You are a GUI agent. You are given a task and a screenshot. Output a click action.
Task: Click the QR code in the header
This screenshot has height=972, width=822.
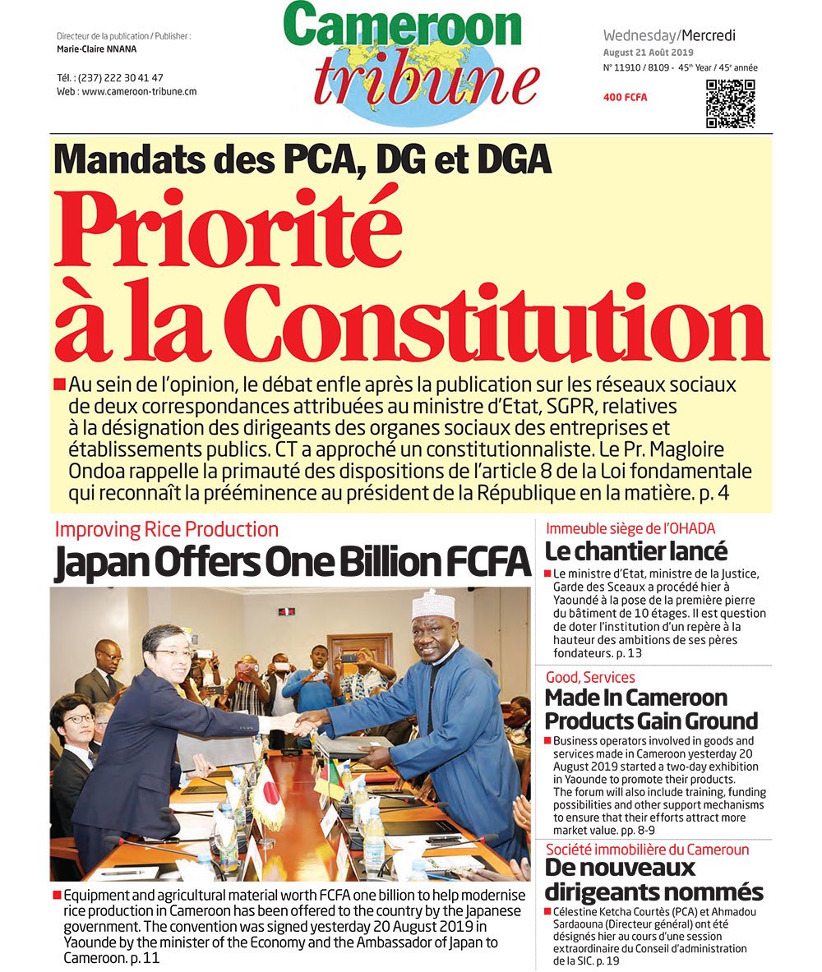pyautogui.click(x=730, y=104)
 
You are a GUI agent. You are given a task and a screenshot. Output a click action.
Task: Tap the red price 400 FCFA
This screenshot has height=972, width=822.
pyautogui.click(x=625, y=97)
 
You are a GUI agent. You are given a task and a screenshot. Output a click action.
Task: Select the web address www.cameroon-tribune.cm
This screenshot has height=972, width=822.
pyautogui.click(x=139, y=92)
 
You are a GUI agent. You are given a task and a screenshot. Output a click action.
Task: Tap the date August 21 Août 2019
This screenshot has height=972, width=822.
pyautogui.click(x=649, y=53)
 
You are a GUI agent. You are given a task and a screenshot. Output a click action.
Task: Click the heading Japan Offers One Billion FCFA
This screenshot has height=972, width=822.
pyautogui.click(x=292, y=563)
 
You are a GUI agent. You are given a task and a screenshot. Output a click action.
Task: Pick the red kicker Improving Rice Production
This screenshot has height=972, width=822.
pyautogui.click(x=167, y=530)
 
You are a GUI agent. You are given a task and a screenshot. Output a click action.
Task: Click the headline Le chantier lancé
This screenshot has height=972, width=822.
pyautogui.click(x=636, y=551)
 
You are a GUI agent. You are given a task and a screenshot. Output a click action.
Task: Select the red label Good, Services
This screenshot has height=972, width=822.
pyautogui.click(x=590, y=677)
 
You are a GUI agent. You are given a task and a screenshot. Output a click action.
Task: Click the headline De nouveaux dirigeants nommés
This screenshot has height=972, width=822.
pyautogui.click(x=654, y=879)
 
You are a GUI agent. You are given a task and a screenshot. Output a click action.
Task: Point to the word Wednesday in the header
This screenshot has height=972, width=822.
pyautogui.click(x=640, y=35)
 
